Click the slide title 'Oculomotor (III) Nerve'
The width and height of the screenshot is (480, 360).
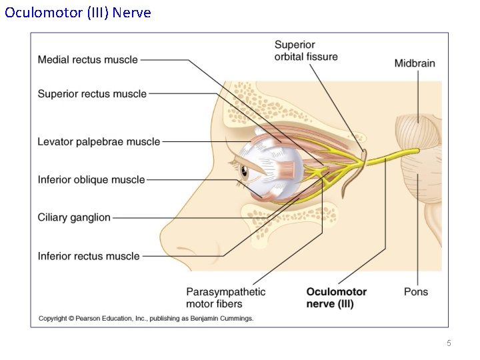(x=78, y=13)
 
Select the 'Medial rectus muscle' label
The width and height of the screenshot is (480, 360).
(x=87, y=60)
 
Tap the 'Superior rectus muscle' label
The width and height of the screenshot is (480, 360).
(x=92, y=94)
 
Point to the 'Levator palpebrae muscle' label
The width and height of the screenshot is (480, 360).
(x=99, y=141)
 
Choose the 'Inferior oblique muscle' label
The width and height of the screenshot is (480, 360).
(x=91, y=179)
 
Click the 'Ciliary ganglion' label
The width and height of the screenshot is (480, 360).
(x=74, y=217)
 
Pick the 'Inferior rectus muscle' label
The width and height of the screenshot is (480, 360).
(x=89, y=256)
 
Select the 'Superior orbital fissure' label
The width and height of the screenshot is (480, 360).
(x=306, y=51)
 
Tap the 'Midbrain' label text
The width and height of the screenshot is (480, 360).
(x=414, y=63)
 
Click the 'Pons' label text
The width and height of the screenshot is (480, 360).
(x=416, y=291)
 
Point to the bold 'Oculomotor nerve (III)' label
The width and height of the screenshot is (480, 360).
(x=336, y=297)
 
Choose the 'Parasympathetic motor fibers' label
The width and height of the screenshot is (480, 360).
(x=225, y=297)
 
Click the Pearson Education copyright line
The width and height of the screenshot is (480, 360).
(x=146, y=319)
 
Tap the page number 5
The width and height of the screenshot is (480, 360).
(x=449, y=343)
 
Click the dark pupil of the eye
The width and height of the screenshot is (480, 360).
(x=244, y=172)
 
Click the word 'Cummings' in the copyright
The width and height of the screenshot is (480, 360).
(x=237, y=319)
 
